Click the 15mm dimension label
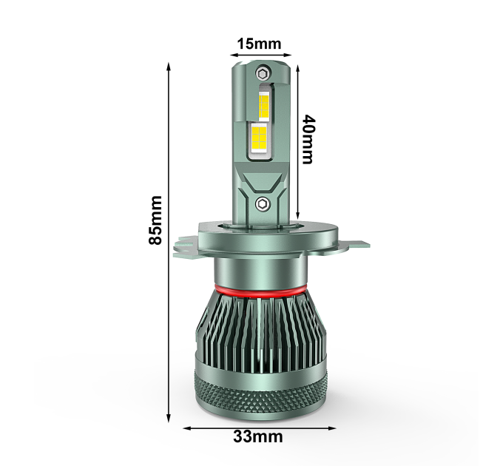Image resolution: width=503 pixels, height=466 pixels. coord(259,44)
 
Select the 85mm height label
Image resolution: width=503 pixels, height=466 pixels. coord(155,220)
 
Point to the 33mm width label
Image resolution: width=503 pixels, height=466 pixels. coord(258,436)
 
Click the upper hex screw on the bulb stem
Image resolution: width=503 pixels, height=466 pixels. coord(263,73)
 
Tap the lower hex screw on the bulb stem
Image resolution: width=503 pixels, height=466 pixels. coord(263,204)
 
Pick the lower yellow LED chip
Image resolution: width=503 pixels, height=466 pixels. coord(259,138)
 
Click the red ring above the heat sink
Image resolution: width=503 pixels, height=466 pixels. coord(260,291)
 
